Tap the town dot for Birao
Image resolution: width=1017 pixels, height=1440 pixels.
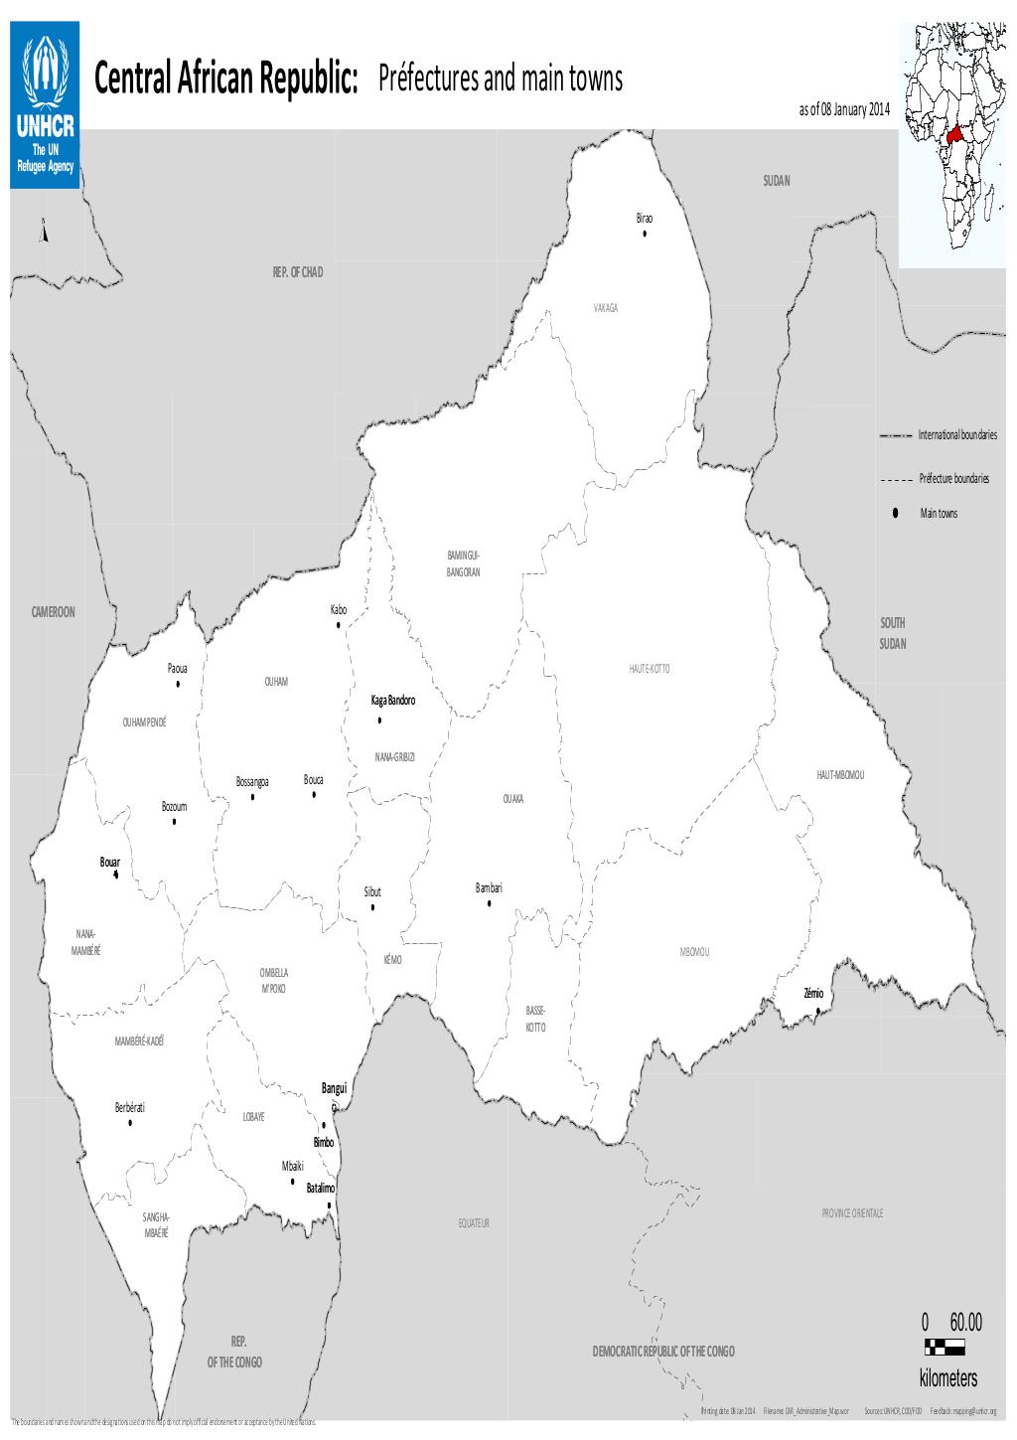645,234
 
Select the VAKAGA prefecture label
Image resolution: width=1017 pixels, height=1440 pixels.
606,308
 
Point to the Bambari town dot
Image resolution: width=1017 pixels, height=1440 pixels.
489,903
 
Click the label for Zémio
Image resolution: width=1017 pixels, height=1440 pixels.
813,994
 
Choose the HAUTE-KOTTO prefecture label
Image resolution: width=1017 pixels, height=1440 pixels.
650,669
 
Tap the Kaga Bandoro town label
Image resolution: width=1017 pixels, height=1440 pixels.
393,701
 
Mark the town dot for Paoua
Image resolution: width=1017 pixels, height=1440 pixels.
178,684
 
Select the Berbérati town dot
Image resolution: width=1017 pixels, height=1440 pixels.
130,1123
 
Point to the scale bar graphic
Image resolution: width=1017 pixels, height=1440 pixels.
944,1349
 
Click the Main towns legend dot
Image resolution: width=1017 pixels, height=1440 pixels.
896,513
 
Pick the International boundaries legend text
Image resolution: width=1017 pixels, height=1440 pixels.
957,435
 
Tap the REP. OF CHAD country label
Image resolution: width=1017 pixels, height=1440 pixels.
298,271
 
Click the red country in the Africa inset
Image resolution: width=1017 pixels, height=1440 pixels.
955,134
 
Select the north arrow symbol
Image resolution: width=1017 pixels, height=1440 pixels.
43,232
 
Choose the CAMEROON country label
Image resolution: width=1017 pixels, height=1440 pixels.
53,612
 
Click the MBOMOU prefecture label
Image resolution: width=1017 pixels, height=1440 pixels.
694,952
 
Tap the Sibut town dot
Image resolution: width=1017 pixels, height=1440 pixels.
372,907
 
